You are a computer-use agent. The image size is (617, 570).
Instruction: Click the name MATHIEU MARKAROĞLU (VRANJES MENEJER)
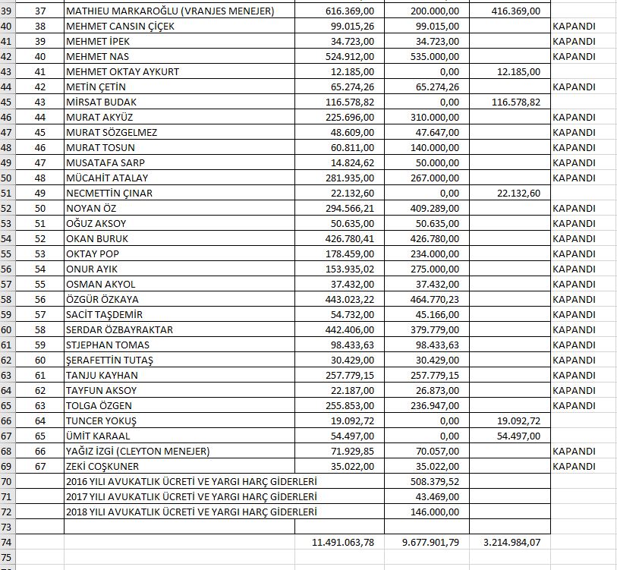coord(169,11)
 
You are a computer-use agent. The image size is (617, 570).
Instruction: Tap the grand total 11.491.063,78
coord(343,542)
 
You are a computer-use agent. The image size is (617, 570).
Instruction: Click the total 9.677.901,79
coord(427,542)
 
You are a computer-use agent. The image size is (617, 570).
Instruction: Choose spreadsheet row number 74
coord(7,542)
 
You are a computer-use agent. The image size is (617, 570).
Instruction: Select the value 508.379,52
coord(431,481)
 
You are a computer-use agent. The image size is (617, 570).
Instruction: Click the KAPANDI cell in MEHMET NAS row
coord(574,56)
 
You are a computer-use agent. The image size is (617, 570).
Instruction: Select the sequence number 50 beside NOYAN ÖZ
coord(40,208)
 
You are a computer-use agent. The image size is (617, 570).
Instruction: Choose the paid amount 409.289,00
coord(431,208)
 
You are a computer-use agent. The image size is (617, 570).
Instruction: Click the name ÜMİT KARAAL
coord(98,436)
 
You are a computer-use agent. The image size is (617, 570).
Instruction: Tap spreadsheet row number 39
coord(7,11)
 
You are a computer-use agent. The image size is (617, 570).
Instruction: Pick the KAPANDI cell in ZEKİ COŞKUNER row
coord(574,466)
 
